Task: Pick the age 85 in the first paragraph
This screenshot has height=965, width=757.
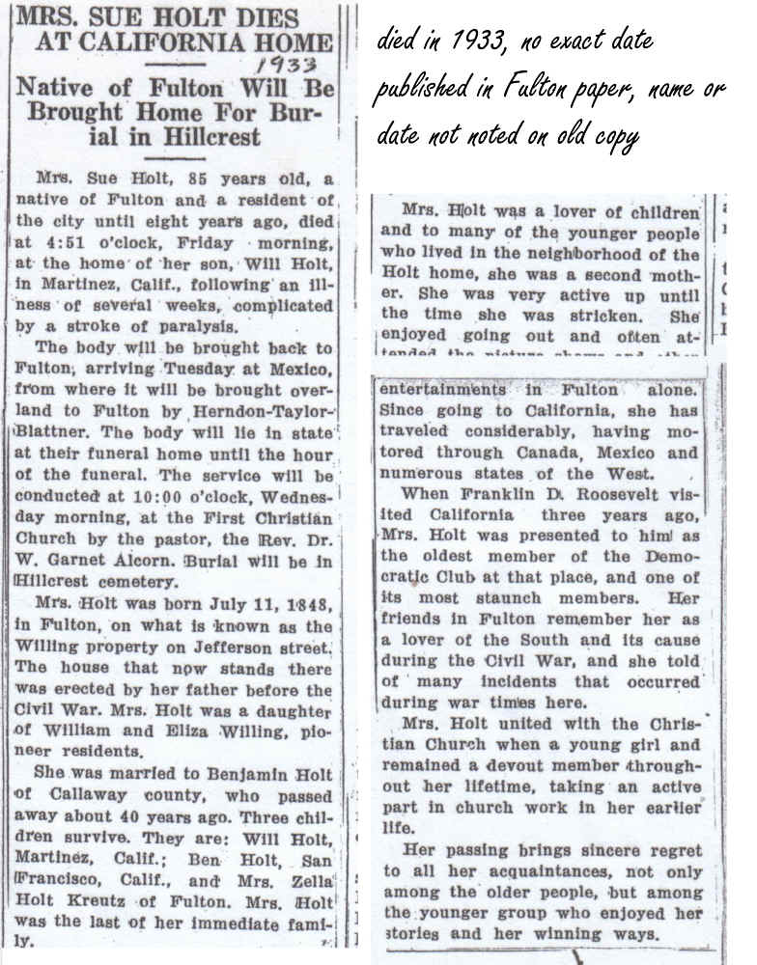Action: click(168, 180)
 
